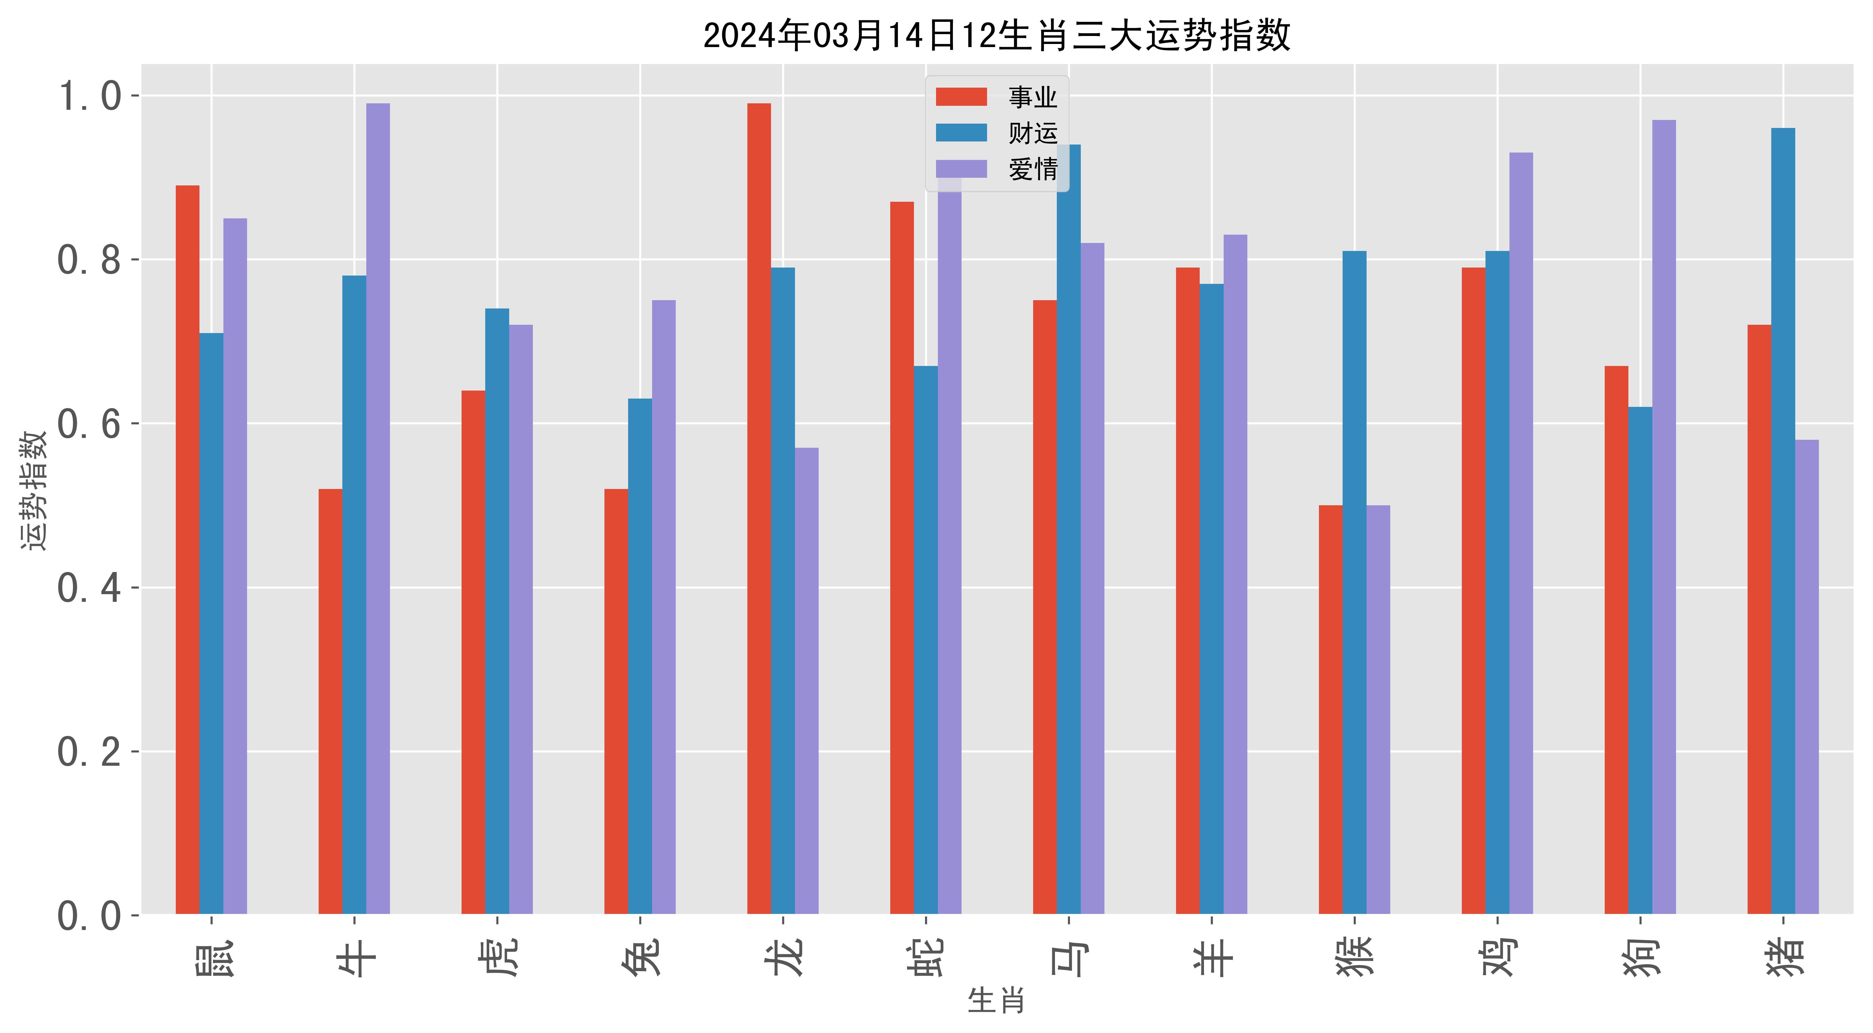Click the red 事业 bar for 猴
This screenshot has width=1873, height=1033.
pyautogui.click(x=1331, y=709)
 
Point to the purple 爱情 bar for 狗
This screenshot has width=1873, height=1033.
pyautogui.click(x=1664, y=517)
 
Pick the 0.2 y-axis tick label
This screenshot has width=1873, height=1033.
pyautogui.click(x=89, y=752)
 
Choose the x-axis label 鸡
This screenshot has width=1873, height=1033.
pyautogui.click(x=1498, y=957)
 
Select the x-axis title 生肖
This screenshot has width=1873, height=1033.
pyautogui.click(x=996, y=1001)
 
